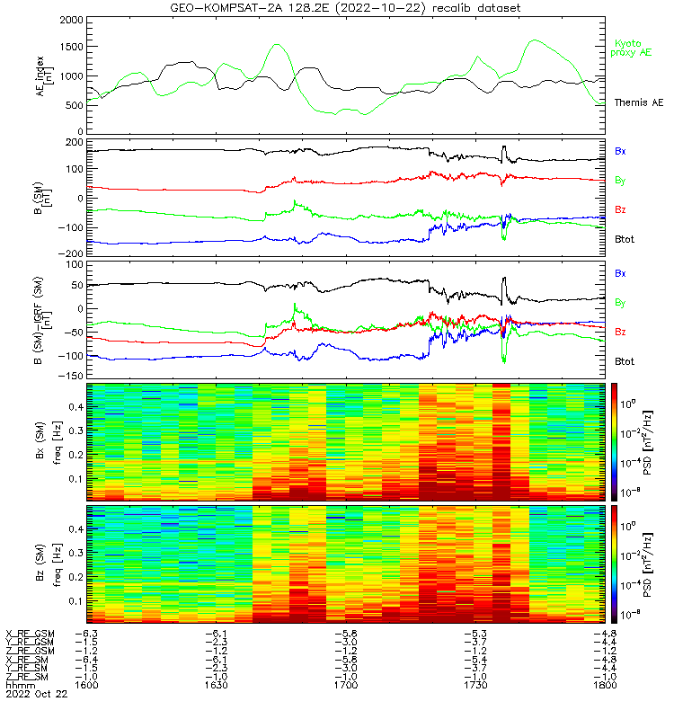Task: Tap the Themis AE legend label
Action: coord(639,103)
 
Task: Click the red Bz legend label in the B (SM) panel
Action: coord(620,209)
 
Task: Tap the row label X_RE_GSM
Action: coord(30,634)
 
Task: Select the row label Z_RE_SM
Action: coord(28,677)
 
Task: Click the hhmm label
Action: coord(17,686)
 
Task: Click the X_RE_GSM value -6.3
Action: coord(86,634)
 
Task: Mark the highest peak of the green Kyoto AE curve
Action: coord(537,40)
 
